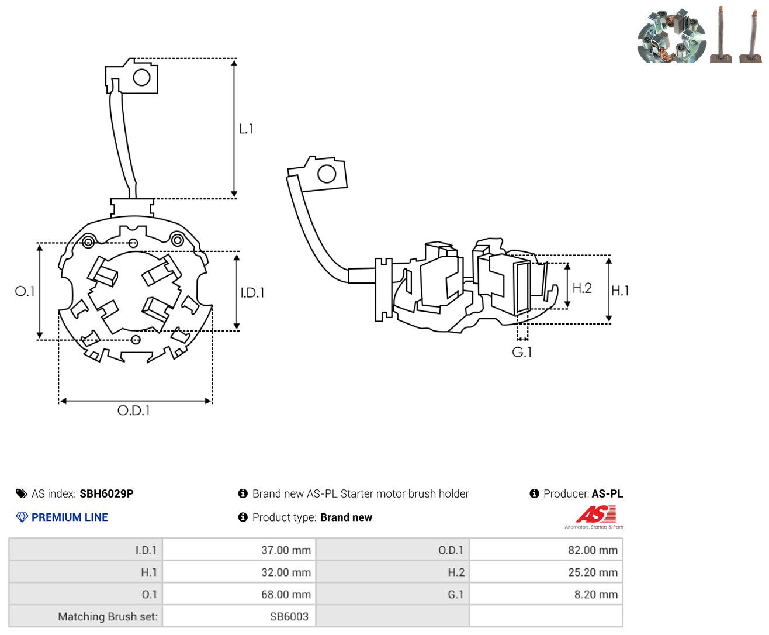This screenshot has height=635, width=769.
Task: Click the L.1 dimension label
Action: (x=245, y=129)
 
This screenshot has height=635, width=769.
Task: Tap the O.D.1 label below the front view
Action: (x=133, y=410)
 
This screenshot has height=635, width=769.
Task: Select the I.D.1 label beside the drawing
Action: (x=252, y=293)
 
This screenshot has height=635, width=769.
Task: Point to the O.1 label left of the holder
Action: (x=25, y=292)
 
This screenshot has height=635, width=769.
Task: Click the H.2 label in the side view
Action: (x=582, y=288)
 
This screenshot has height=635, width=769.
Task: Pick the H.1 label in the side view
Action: (x=620, y=291)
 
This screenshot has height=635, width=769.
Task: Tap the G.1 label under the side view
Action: (x=522, y=353)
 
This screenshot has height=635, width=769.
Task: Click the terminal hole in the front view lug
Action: (x=141, y=78)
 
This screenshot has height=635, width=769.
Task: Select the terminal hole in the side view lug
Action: (x=327, y=174)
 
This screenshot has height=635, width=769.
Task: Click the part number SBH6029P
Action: (x=106, y=493)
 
